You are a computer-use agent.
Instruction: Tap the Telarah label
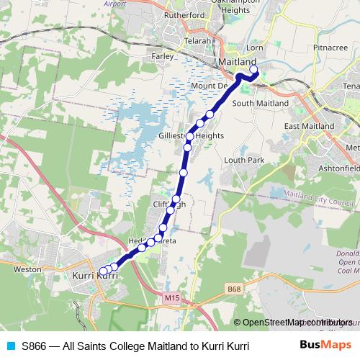point(197,41)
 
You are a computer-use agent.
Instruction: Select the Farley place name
point(163,55)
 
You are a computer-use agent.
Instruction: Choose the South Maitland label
point(260,104)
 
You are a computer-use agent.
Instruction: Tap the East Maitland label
point(309,126)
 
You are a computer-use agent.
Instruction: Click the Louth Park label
point(239,160)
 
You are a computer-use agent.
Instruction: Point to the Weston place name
point(27,269)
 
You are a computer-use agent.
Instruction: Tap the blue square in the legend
point(9,346)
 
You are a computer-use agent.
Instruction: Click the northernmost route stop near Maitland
point(253,70)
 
